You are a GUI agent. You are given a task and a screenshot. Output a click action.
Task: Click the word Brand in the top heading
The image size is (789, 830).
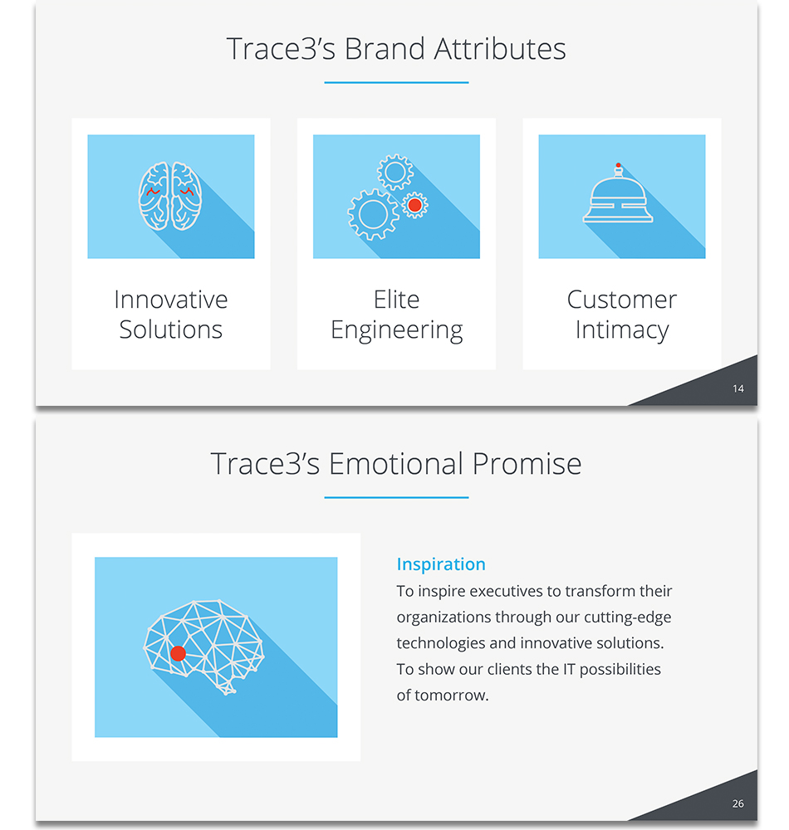pos(385,49)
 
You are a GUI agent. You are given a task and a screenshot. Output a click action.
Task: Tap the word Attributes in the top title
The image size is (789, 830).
pos(500,49)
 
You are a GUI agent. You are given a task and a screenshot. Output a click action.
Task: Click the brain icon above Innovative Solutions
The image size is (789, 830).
pos(170,196)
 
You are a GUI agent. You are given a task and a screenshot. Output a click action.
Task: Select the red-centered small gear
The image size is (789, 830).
pos(414,205)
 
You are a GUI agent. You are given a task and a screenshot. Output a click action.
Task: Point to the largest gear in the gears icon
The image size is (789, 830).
pos(373,214)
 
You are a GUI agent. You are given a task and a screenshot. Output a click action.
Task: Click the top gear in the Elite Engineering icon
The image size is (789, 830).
pos(395,172)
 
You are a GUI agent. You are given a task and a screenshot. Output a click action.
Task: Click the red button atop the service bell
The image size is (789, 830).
pos(618,165)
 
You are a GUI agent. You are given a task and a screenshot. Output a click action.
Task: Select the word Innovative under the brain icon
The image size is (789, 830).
pos(170,300)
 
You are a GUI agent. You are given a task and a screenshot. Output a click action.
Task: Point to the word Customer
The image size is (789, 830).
pos(622,300)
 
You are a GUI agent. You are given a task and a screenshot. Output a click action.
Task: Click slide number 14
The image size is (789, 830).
pos(738,389)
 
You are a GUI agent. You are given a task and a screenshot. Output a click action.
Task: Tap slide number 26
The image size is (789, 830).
pos(738,803)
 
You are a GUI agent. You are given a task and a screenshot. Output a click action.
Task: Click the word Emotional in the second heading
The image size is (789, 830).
pos(395,464)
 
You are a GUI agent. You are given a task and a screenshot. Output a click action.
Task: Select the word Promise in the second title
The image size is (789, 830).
pos(527,464)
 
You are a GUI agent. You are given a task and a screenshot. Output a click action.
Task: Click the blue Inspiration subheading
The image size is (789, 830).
pos(441,564)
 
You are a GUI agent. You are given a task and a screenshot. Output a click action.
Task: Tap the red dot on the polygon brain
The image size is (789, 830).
pos(178,654)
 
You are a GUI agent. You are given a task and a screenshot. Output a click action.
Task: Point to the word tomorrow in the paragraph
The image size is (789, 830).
pos(451,695)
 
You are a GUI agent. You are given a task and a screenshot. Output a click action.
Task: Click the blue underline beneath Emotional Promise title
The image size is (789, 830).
pos(397,497)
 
